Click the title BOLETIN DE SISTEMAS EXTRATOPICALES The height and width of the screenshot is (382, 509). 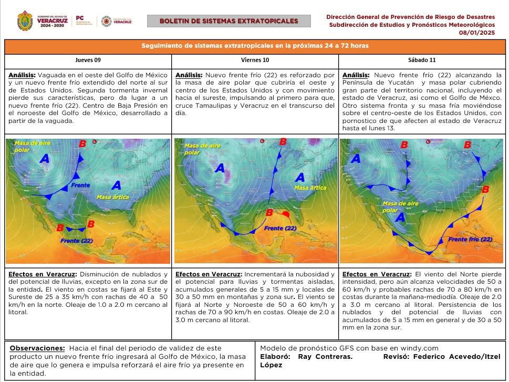(228, 21)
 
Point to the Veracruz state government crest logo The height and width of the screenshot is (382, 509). (25, 21)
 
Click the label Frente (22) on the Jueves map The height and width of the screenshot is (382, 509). (76, 241)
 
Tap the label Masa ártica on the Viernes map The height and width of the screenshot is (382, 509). (308, 188)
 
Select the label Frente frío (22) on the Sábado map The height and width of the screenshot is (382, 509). (470, 239)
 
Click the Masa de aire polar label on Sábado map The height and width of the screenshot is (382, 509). (400, 207)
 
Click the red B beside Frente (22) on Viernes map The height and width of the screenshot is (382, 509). (269, 212)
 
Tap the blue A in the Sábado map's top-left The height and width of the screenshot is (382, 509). (355, 158)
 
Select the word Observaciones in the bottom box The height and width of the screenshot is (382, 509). (36, 348)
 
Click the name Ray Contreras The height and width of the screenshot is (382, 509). (325, 356)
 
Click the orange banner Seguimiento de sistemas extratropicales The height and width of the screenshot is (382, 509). (255, 46)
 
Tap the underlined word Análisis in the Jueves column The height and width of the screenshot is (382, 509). (22, 75)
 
